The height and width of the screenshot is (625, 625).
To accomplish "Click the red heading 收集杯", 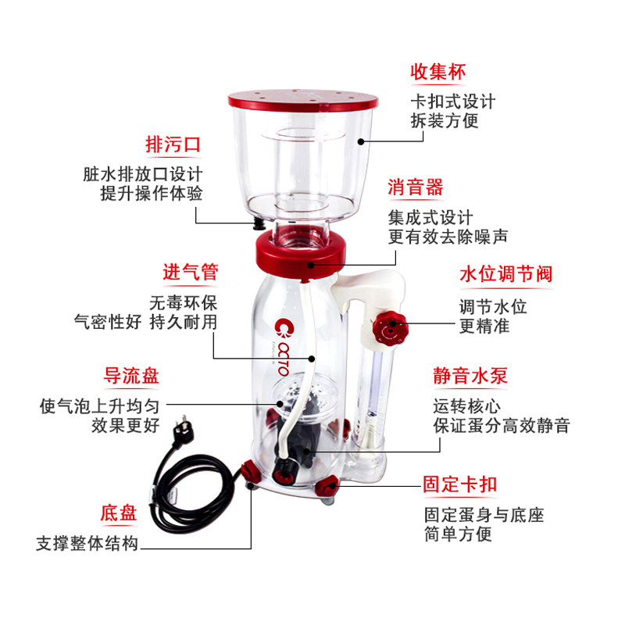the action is [438, 72].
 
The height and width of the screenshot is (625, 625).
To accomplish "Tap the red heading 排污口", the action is [173, 145].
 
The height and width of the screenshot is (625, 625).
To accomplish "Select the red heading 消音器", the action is [416, 187].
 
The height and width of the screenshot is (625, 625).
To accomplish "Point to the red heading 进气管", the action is [190, 273].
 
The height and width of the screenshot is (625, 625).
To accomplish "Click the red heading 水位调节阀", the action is [506, 274].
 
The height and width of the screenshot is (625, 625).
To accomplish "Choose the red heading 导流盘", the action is [131, 376].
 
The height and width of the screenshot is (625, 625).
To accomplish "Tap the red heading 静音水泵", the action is [470, 376].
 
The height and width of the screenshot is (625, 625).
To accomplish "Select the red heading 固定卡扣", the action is [460, 484].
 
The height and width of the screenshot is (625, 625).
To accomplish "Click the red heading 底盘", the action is [119, 513].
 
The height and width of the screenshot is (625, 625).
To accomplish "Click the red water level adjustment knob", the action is [390, 327].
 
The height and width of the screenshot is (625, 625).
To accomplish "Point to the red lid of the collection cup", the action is [303, 101].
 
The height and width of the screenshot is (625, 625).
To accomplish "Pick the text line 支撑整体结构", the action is [87, 543].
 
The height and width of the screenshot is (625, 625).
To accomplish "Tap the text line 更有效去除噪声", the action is [448, 237].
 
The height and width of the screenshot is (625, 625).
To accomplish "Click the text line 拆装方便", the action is [445, 121].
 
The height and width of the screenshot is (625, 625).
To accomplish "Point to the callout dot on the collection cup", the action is [361, 141].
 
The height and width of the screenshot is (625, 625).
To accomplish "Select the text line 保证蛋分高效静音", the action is [502, 426].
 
